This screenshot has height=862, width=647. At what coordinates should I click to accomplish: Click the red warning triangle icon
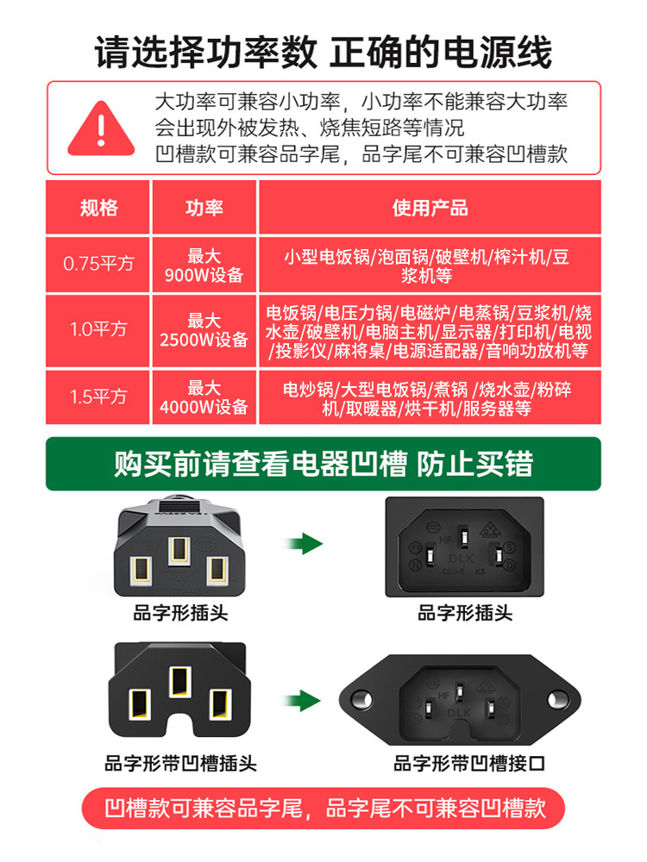(x=101, y=129)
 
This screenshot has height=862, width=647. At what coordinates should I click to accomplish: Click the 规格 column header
(x=98, y=208)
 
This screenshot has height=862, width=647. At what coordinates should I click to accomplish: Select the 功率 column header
(x=204, y=208)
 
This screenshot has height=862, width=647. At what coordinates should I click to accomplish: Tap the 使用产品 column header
(x=430, y=208)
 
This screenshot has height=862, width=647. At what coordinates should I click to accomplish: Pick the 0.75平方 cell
(x=98, y=265)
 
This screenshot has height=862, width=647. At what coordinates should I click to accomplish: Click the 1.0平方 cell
(x=98, y=329)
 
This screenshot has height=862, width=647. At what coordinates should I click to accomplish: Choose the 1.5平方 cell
(x=98, y=397)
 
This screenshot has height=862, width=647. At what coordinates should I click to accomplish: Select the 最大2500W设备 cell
(x=204, y=329)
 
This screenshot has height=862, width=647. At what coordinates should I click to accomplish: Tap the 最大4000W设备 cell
(x=204, y=397)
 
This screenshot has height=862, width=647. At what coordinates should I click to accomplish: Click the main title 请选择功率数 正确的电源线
(x=323, y=53)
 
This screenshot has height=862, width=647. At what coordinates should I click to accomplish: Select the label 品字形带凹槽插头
(x=180, y=764)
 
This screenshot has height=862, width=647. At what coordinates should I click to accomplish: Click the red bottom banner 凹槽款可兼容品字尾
(x=323, y=809)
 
